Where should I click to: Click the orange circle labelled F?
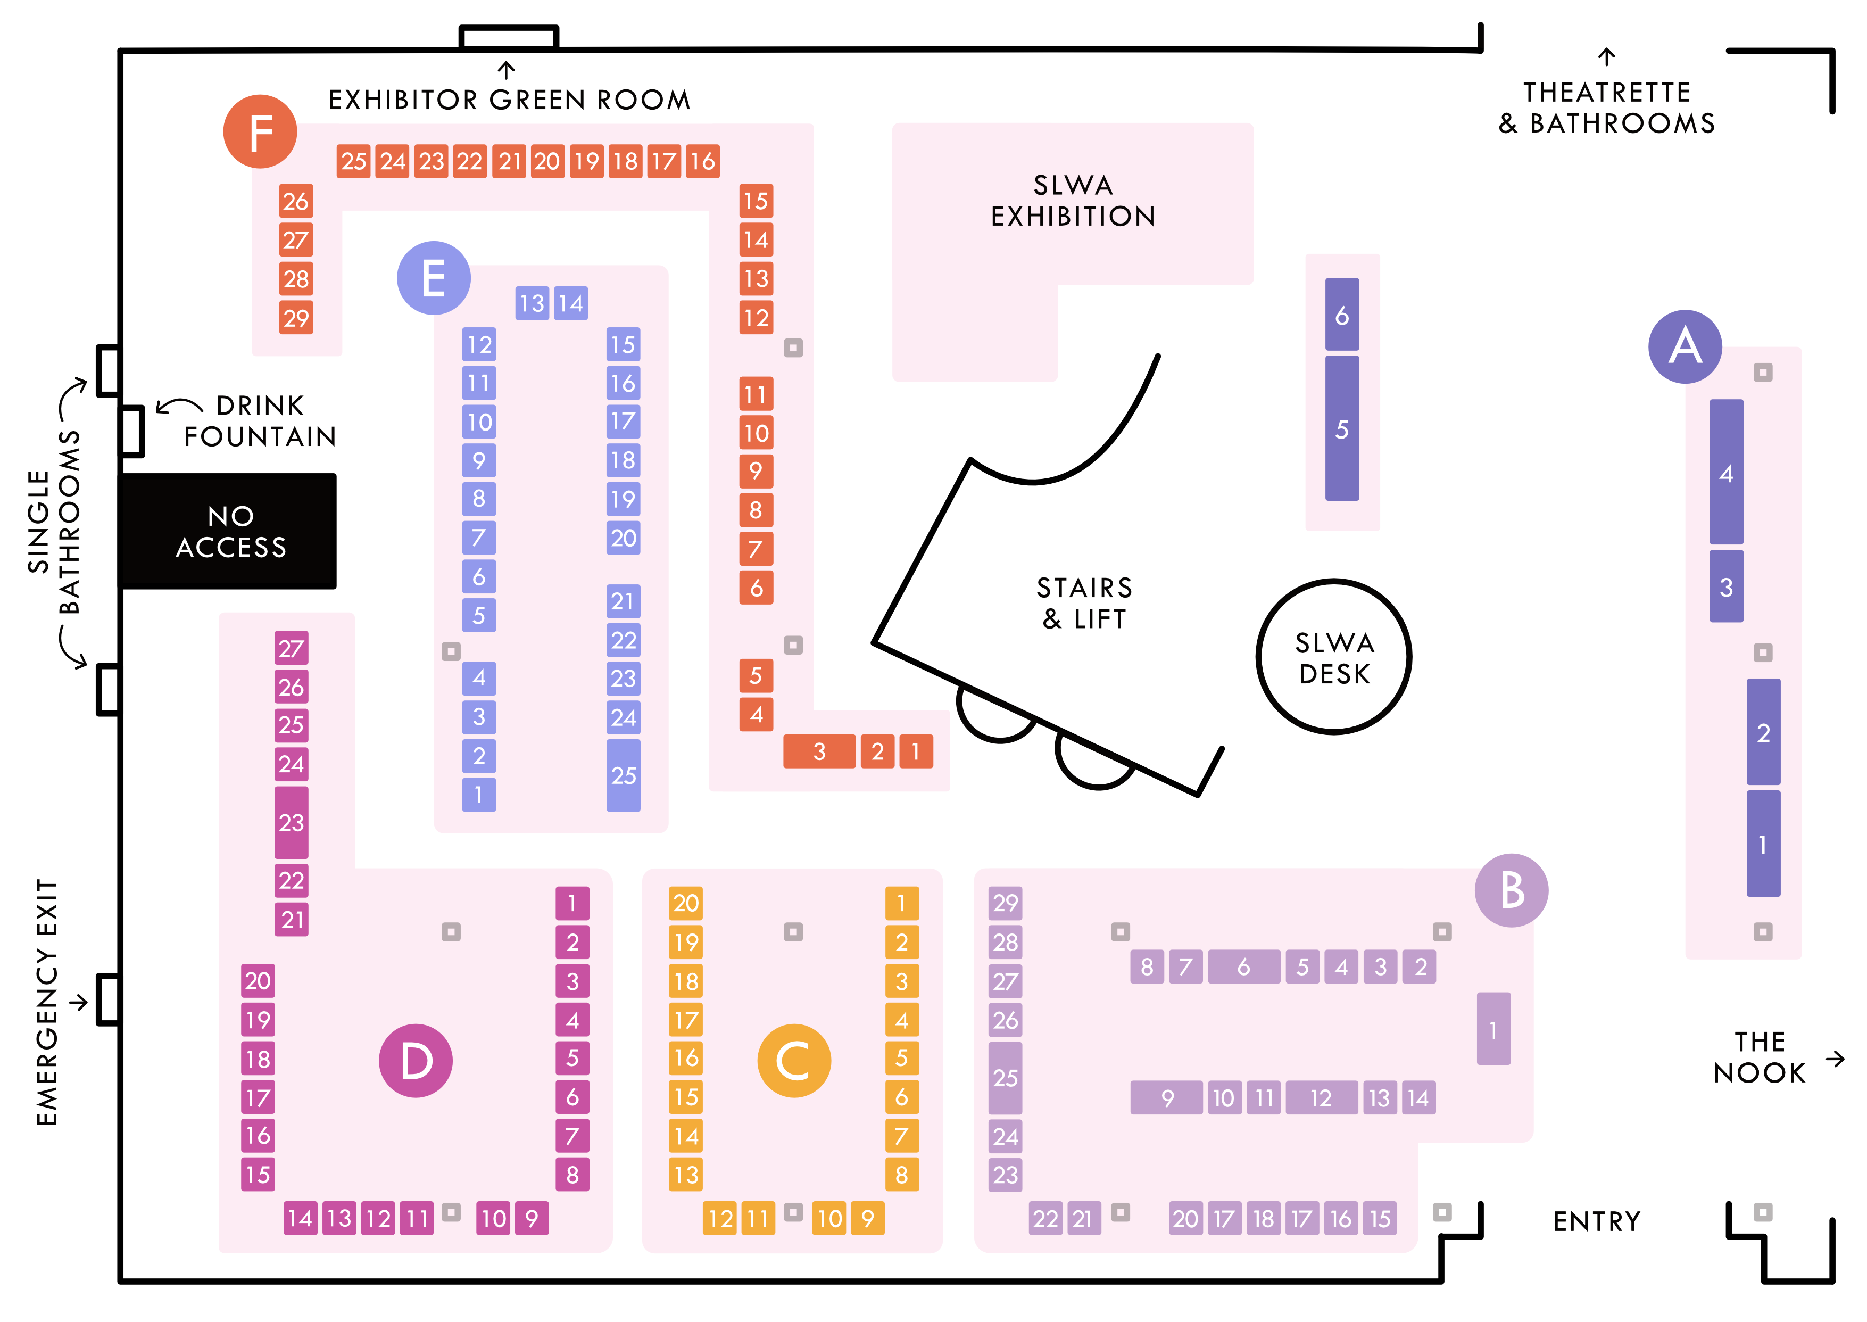click(x=260, y=132)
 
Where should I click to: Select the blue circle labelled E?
click(x=434, y=278)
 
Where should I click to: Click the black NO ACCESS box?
click(x=229, y=531)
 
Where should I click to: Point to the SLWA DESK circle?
click(x=1334, y=657)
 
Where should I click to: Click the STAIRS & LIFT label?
click(x=1084, y=602)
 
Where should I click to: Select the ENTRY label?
click(x=1596, y=1221)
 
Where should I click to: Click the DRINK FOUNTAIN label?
click(x=260, y=421)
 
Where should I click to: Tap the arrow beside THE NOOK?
click(x=1835, y=1058)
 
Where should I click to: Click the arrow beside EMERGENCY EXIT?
click(x=78, y=1002)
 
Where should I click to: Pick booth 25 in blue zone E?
click(x=624, y=775)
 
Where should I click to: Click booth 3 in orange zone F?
click(x=819, y=751)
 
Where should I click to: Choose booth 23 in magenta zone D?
click(x=292, y=822)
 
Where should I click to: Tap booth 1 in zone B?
click(x=1493, y=1029)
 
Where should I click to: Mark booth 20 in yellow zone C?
click(x=685, y=903)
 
